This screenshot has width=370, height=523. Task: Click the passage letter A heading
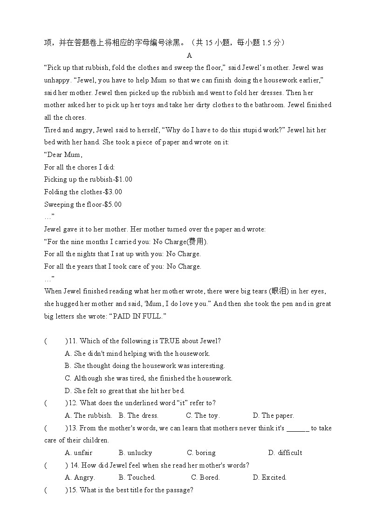pos(189,55)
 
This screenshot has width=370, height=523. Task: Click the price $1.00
pos(123,179)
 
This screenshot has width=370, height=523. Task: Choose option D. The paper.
pos(273,415)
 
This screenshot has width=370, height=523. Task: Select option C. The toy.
pos(203,415)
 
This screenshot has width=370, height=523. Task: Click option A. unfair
pos(79,453)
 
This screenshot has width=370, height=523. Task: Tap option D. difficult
pos(285,453)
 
